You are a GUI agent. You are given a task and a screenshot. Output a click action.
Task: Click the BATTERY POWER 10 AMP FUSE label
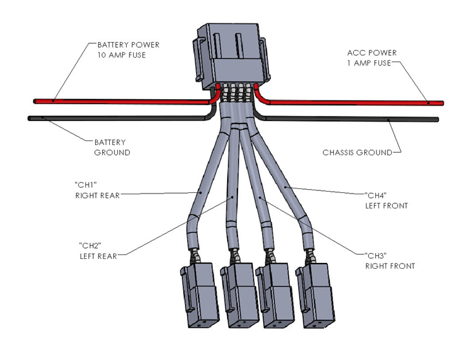tap(128, 50)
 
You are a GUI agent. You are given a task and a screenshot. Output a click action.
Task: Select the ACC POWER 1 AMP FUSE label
tap(372, 58)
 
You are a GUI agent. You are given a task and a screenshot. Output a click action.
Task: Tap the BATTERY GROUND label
tap(112, 148)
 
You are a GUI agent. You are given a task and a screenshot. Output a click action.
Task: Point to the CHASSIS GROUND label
tap(357, 152)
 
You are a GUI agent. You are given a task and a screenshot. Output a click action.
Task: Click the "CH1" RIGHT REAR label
tap(97, 190)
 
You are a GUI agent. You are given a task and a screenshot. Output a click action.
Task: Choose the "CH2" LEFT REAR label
tap(98, 251)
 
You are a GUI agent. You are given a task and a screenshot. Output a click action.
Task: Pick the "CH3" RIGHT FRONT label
tap(390, 261)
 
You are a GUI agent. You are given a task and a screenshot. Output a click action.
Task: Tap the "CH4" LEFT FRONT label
tap(386, 201)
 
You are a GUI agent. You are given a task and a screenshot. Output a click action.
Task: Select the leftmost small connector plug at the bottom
tap(200, 295)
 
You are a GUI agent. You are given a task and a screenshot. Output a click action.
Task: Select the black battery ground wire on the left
tap(119, 118)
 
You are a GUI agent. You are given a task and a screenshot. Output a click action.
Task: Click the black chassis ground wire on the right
tap(351, 118)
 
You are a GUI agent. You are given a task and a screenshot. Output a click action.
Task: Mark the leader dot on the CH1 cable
tap(201, 192)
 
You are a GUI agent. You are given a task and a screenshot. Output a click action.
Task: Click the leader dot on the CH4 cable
tap(285, 187)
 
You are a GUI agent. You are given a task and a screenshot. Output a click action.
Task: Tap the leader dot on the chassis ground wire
tap(389, 120)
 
